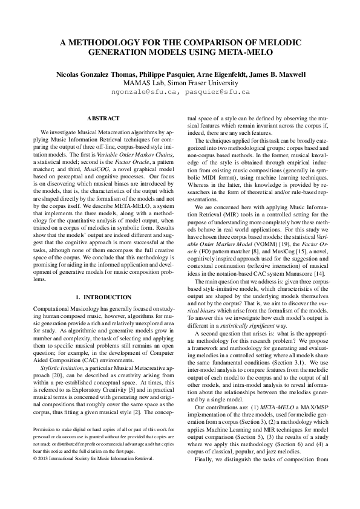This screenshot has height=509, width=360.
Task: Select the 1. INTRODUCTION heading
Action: click(x=103, y=297)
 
